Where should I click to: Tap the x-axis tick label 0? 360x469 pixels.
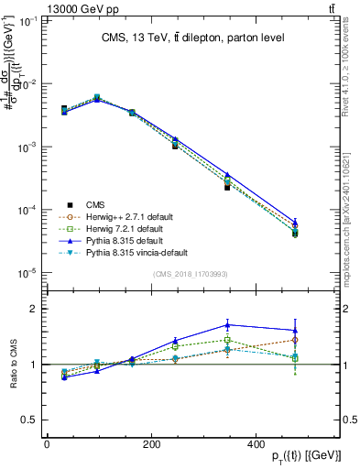(x=47, y=446)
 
